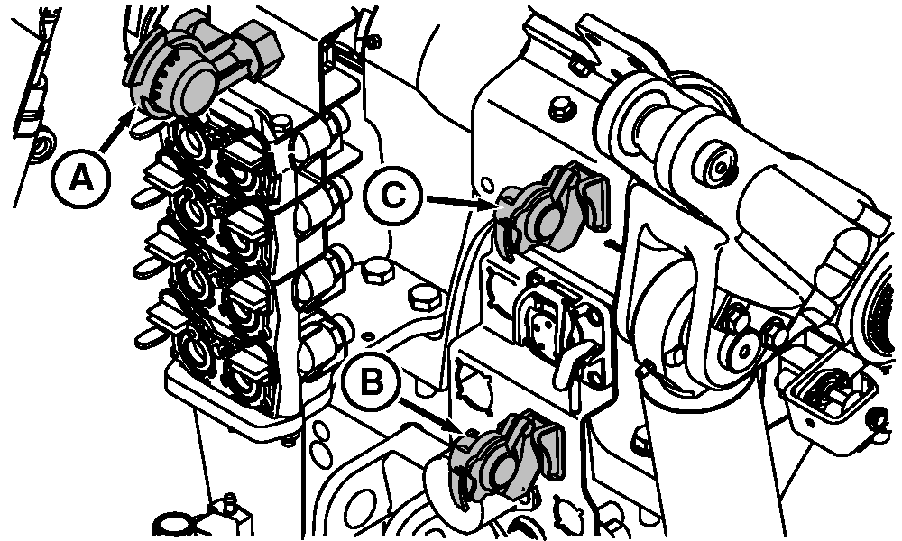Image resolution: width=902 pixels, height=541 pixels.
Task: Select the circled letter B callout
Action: point(371,381)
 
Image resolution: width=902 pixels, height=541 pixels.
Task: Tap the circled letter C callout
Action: point(393,197)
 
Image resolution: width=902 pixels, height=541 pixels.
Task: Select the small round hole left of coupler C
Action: point(487,186)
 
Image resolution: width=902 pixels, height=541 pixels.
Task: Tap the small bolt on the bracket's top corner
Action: point(374,40)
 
